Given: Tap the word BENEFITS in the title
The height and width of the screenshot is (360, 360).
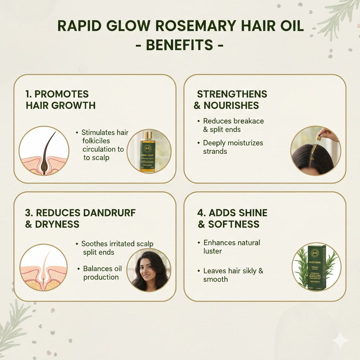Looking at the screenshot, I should click(x=180, y=45).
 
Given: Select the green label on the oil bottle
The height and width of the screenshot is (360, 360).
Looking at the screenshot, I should click(x=147, y=155).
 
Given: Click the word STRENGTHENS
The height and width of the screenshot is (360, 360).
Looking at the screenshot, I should click(x=232, y=94).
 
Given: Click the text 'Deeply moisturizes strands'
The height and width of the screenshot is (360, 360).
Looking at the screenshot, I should click(x=233, y=147).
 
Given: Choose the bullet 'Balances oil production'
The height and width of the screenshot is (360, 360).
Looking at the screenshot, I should click(x=102, y=273).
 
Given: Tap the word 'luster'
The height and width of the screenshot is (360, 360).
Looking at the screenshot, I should click(x=213, y=251).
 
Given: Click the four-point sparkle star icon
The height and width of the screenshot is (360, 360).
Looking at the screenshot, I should click(x=340, y=340).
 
